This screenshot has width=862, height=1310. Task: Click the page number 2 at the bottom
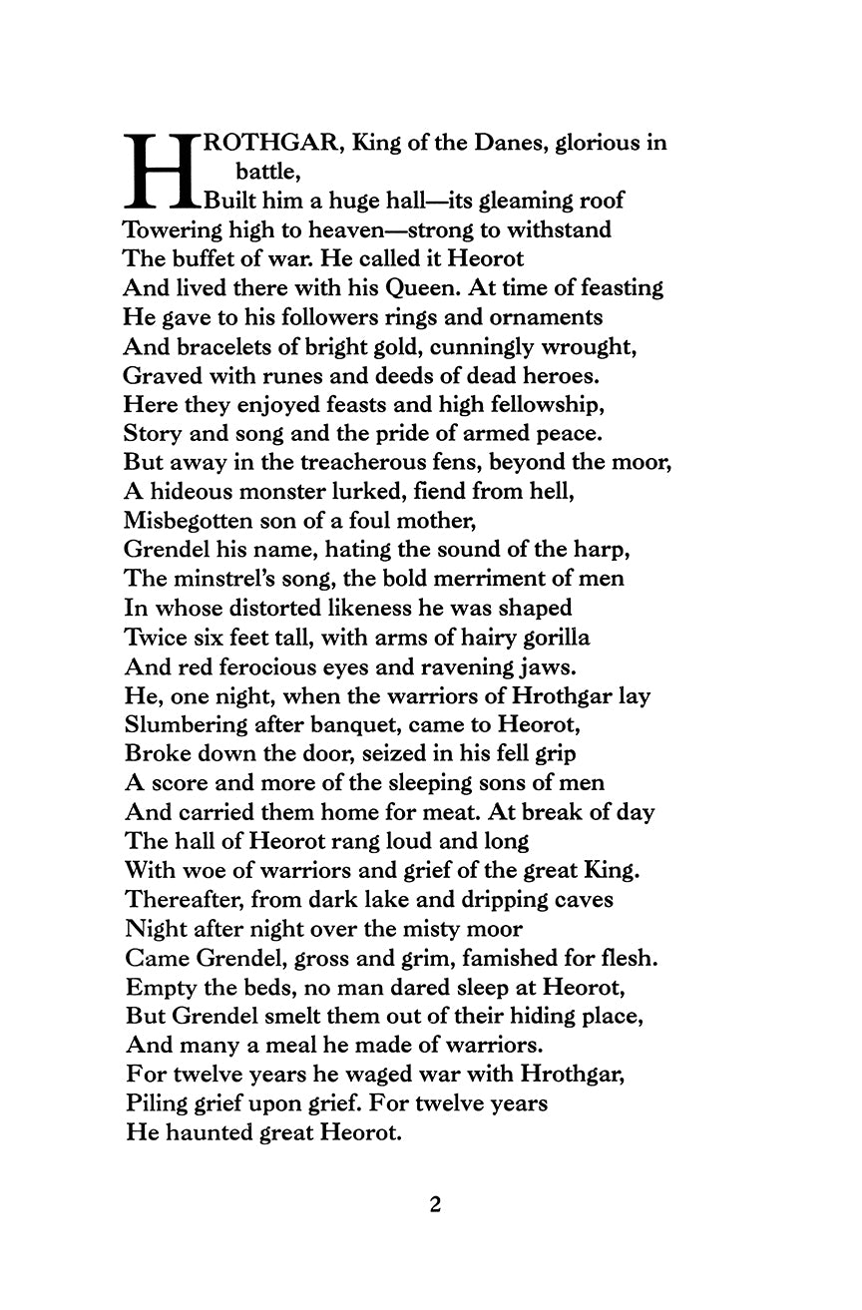coord(435,1204)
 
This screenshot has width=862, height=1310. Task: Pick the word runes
coord(262,376)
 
